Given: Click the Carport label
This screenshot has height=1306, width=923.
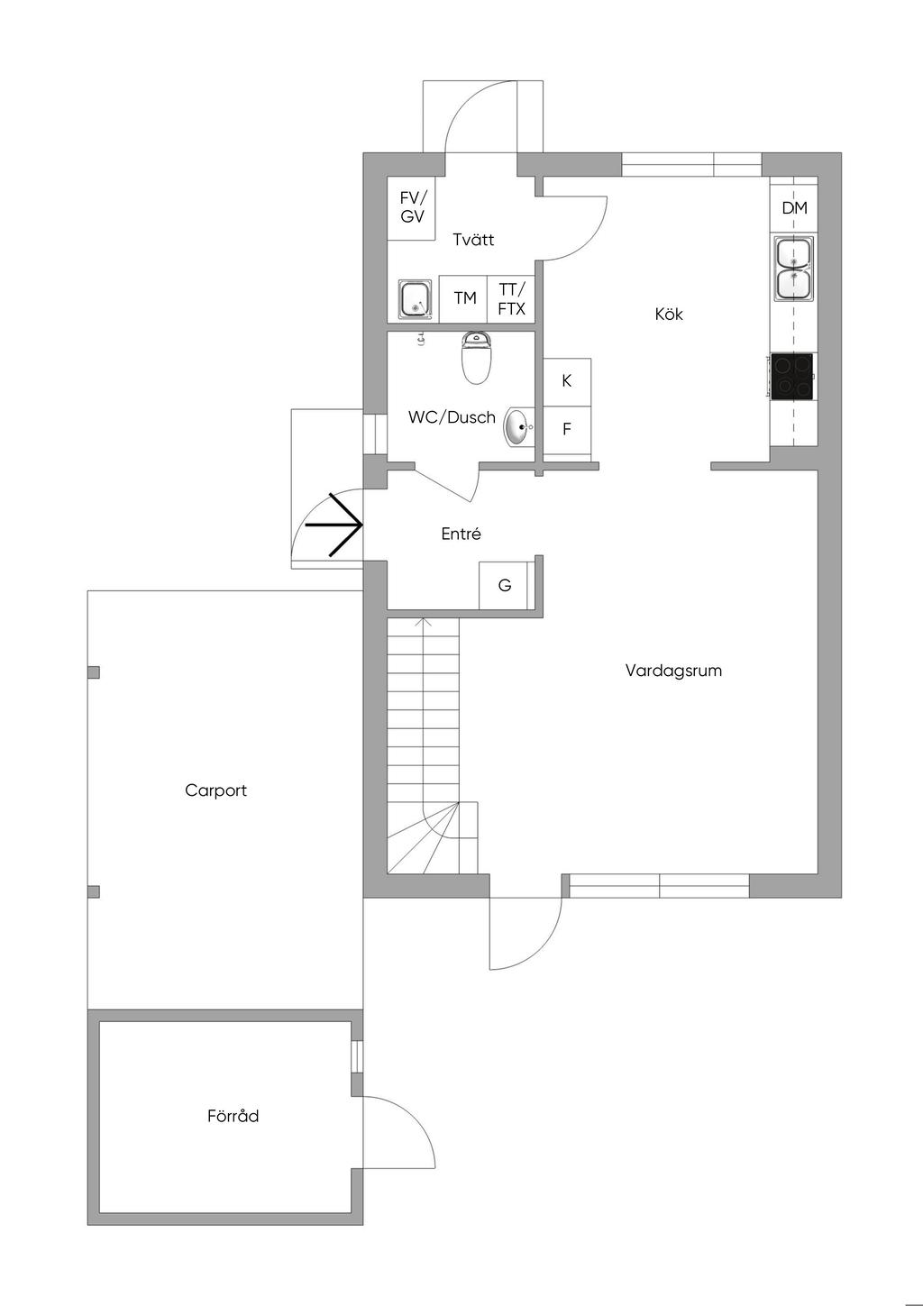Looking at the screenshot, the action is [x=215, y=791].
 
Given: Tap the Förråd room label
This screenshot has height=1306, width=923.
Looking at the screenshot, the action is [x=233, y=1115].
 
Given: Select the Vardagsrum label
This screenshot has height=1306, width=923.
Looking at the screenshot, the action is [x=673, y=671].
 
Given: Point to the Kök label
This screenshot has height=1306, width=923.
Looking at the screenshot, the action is [x=669, y=315].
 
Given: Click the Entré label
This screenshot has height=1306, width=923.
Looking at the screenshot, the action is [x=461, y=534].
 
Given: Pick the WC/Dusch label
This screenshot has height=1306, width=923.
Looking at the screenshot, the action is [x=452, y=417].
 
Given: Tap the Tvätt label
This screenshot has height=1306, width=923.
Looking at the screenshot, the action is [x=473, y=239].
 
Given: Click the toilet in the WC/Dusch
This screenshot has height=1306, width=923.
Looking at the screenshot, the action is [x=476, y=358].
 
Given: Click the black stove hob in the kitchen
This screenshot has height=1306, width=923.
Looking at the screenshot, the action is [x=791, y=376].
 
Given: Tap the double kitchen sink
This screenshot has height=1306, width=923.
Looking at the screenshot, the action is [x=793, y=269].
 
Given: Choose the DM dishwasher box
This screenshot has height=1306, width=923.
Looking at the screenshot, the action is [x=793, y=207].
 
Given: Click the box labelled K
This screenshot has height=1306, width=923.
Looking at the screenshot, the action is [x=567, y=382].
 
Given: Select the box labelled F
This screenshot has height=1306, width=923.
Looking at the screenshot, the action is [x=567, y=430].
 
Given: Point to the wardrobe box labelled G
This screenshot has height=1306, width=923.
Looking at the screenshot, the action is [x=505, y=585].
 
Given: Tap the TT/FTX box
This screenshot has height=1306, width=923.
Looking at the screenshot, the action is [x=511, y=298].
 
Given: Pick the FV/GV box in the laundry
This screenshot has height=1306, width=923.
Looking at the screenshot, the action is [x=412, y=207].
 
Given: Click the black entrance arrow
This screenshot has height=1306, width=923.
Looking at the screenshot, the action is [x=334, y=525].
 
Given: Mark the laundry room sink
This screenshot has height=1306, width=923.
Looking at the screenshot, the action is [x=416, y=299].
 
